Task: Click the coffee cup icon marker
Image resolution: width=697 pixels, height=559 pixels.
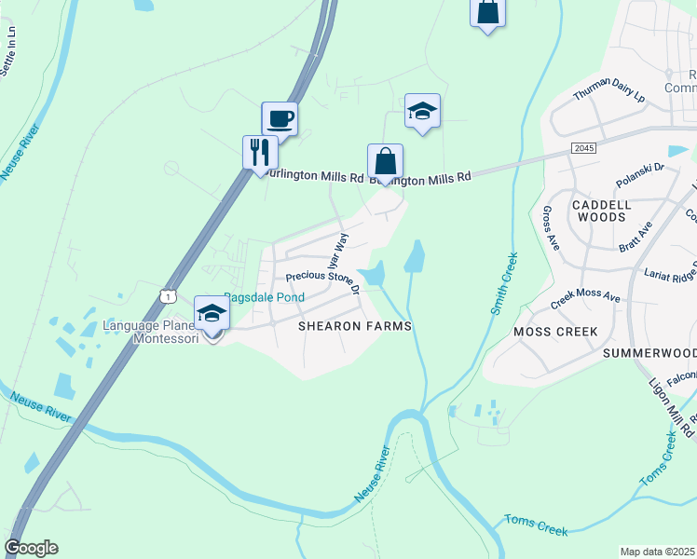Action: pyautogui.click(x=280, y=119)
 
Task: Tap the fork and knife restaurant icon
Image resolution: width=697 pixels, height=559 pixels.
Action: pyautogui.click(x=260, y=152)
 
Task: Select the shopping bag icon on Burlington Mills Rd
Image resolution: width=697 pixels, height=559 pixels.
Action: pyautogui.click(x=385, y=161)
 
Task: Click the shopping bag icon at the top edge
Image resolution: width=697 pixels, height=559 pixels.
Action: pyautogui.click(x=487, y=13)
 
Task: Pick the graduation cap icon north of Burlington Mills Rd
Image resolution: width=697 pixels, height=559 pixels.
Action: pyautogui.click(x=422, y=112)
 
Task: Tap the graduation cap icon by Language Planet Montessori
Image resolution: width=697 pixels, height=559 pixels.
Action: pyautogui.click(x=212, y=313)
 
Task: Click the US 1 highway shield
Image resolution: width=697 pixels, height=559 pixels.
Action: pyautogui.click(x=168, y=295)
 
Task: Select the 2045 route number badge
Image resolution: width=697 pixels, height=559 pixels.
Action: pyautogui.click(x=583, y=148)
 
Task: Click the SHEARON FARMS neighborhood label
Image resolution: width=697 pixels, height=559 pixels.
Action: pyautogui.click(x=354, y=326)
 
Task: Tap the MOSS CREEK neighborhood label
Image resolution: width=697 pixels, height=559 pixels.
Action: pyautogui.click(x=549, y=332)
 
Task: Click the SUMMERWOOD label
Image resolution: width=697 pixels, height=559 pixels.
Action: pyautogui.click(x=649, y=353)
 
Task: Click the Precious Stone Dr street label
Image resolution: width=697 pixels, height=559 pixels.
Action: pyautogui.click(x=322, y=279)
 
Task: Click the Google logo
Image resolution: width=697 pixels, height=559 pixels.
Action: pyautogui.click(x=32, y=548)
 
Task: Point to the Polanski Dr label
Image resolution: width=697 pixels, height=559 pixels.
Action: pyautogui.click(x=640, y=176)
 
